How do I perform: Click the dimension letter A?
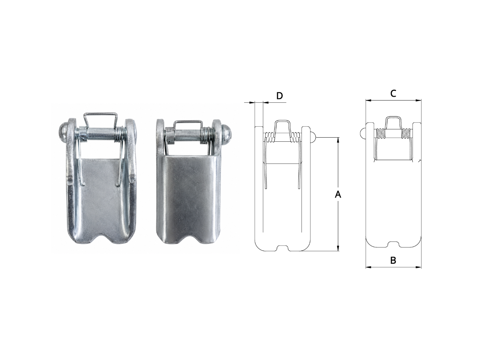338,194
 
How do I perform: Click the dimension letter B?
393,260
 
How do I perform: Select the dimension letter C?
393,93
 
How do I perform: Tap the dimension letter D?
280,96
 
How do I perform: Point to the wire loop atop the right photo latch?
187,124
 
